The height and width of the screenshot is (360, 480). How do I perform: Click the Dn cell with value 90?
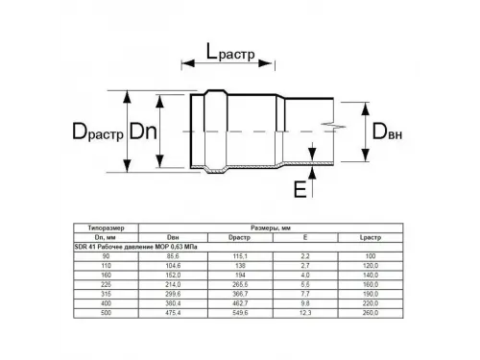[x=105, y=255]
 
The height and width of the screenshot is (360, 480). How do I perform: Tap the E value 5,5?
[x=304, y=281]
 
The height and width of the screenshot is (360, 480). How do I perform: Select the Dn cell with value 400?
[x=105, y=299]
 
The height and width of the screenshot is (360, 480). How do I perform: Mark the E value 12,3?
[x=304, y=307]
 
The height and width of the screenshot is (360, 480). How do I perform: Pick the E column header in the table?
[x=304, y=238]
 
